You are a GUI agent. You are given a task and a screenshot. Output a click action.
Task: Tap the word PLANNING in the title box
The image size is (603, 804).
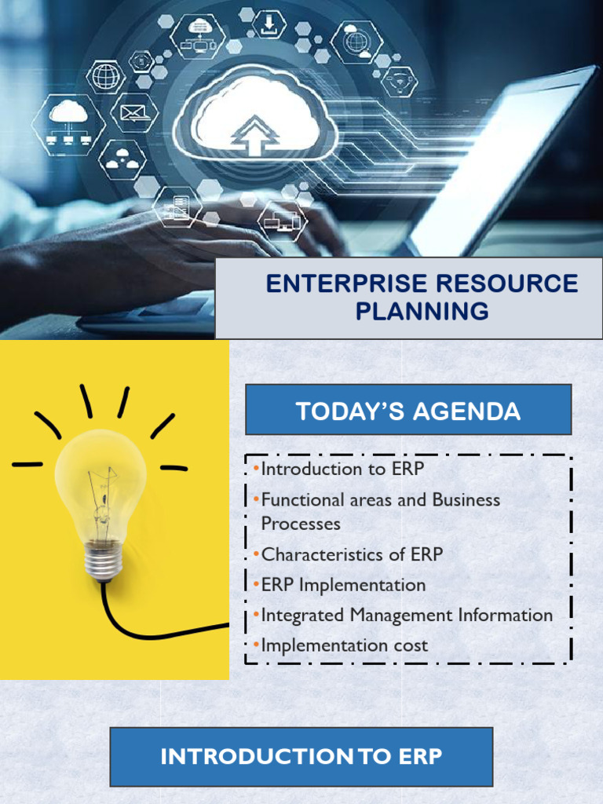422,312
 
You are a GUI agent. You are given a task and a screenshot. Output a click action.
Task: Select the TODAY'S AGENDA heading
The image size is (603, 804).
408,411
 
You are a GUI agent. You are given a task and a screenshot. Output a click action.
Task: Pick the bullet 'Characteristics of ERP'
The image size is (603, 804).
352,554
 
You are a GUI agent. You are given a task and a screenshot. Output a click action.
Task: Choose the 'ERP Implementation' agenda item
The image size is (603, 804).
343,585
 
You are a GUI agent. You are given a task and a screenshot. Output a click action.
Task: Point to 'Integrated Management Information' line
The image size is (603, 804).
407,616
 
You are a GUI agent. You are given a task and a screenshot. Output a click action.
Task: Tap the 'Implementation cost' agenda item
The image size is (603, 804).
344,645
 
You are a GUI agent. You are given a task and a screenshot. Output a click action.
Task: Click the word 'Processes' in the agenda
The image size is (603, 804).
301,524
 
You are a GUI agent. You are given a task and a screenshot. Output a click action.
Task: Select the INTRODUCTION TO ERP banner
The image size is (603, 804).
301,757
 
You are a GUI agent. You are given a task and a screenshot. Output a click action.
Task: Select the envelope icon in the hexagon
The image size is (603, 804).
134,113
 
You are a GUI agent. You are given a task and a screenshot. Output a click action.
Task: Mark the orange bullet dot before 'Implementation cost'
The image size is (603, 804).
256,645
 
